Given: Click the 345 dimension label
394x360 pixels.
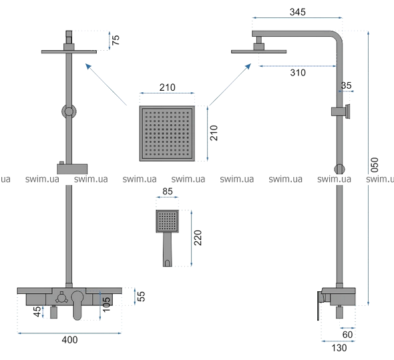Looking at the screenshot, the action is pos(298,12).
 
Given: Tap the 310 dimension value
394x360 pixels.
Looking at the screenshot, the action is pos(298,73).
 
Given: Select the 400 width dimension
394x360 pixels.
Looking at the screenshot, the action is pos(69,340).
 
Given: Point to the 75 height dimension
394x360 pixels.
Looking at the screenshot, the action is pos(116,40).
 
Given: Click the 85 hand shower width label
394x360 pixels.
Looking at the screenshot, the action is pos(168,191).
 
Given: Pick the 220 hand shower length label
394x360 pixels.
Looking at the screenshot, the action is pos(198,238).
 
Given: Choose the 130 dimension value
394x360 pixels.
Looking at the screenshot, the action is pos(339,348).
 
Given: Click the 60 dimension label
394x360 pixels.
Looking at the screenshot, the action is pos(347,335).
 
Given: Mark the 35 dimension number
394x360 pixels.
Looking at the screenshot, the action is pos(347,85).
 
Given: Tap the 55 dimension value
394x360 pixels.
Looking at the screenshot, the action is pos(141,296).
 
